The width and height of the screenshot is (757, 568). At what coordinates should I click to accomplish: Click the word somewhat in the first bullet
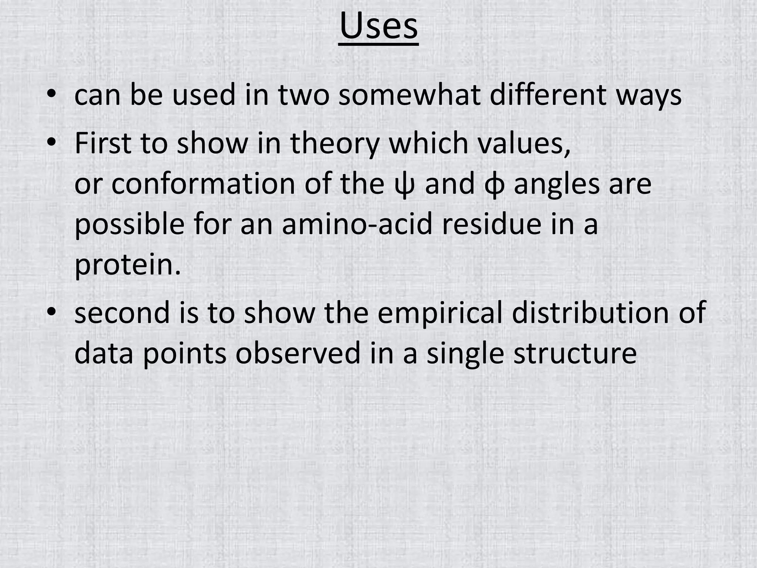410,95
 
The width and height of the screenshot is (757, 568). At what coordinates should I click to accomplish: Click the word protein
128,266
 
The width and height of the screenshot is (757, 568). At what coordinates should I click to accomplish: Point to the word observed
298,353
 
